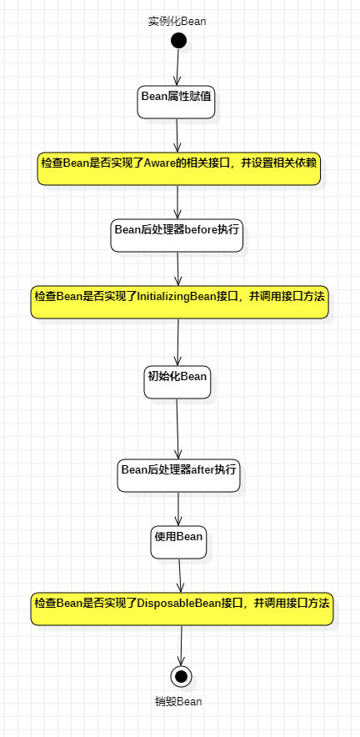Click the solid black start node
point(178,41)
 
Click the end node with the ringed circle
point(181,675)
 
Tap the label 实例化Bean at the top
point(177,22)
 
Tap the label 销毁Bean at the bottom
point(178,701)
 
